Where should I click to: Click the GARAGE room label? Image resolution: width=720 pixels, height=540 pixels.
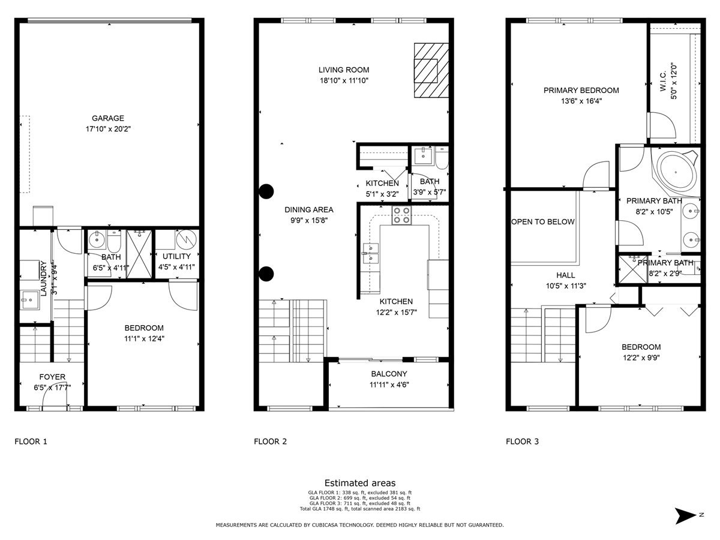[108, 118]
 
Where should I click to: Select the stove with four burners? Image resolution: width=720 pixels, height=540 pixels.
[401, 215]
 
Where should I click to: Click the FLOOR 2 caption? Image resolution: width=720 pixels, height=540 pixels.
[270, 442]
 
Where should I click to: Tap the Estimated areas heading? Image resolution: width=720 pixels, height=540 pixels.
[360, 482]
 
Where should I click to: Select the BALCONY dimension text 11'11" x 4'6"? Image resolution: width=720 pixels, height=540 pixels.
[389, 385]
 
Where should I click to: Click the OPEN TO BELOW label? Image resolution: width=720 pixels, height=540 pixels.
[542, 221]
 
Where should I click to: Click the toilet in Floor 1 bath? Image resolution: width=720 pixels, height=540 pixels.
[113, 242]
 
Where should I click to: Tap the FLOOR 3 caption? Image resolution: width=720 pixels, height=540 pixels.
[522, 442]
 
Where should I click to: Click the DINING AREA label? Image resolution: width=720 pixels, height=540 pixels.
[309, 209]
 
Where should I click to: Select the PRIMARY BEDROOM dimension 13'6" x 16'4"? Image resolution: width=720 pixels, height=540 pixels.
[581, 101]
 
